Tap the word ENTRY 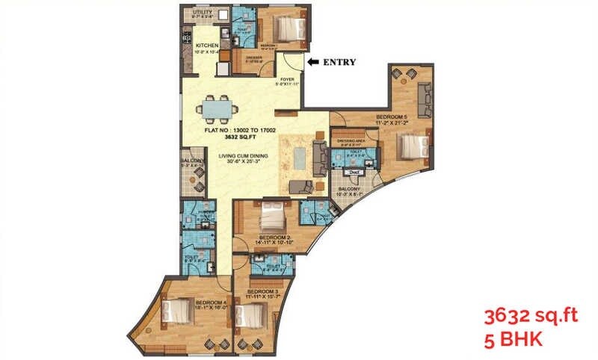pos(339,62)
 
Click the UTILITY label pos(202,12)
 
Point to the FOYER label pos(287,78)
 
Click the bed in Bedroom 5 pos(412,145)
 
